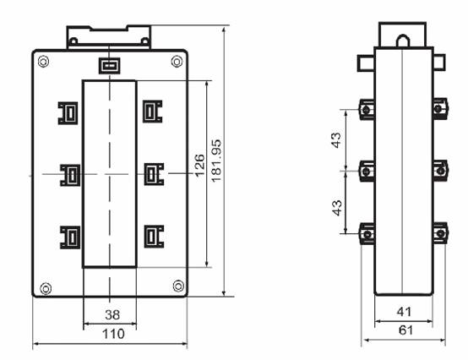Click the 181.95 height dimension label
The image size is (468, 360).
[x=216, y=161]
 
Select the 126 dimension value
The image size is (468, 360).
[x=200, y=166]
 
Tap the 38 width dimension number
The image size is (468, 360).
[x=112, y=314]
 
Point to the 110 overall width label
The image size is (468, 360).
[x=113, y=334]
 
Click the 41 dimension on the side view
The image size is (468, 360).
[x=404, y=312]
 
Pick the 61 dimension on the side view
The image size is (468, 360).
[x=406, y=330]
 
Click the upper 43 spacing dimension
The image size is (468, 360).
[x=336, y=139]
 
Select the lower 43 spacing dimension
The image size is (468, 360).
[x=337, y=208]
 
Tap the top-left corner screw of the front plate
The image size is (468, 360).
[x=44, y=62]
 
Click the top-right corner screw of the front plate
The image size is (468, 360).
[x=177, y=62]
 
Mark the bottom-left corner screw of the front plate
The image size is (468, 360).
[x=46, y=288]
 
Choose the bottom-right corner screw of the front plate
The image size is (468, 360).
[x=178, y=286]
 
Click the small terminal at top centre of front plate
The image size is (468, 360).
[x=110, y=66]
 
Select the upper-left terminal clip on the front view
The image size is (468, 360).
[x=68, y=113]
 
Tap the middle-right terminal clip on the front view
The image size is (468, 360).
[x=154, y=174]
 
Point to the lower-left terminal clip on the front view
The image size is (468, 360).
[x=70, y=237]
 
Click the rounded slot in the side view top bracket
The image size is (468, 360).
[x=403, y=41]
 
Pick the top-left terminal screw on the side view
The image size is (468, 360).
[x=366, y=110]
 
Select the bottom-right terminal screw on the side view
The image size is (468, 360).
[x=440, y=233]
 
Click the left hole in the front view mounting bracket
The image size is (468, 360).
[x=73, y=41]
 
